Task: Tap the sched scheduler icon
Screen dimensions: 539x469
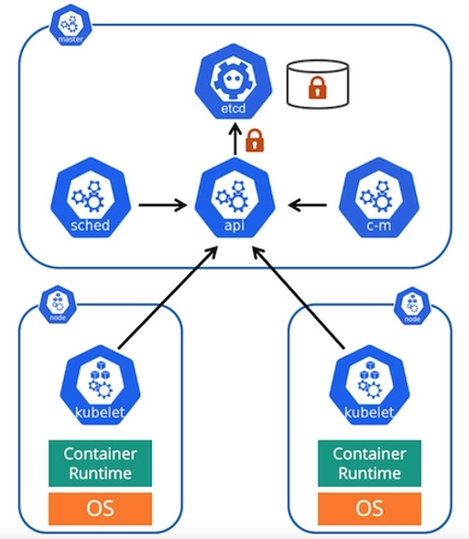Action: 91,199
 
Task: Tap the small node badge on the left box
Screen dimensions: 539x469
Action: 55,302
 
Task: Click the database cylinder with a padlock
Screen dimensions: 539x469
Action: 317,86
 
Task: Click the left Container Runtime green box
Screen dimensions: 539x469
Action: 100,464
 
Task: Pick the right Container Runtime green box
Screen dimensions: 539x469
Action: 369,464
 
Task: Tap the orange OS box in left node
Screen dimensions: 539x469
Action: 100,508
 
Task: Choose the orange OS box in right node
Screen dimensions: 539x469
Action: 369,508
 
